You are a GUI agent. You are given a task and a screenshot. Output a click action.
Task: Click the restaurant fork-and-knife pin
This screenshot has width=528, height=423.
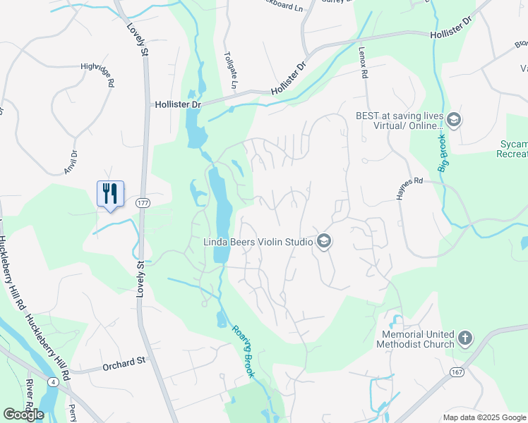click(110, 194)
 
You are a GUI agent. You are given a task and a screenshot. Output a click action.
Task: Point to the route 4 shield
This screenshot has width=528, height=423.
click(54, 382)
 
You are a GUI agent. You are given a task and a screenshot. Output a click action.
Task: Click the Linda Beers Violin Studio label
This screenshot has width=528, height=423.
click(258, 242)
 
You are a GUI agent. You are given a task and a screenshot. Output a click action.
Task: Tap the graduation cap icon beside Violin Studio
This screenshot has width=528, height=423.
click(324, 242)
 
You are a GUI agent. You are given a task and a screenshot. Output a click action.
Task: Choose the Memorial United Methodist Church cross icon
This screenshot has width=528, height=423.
click(464, 339)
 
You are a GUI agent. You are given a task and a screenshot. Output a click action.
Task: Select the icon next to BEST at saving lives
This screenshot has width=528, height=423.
click(453, 121)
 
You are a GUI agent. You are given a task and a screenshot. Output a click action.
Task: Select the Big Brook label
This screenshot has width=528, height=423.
click(443, 151)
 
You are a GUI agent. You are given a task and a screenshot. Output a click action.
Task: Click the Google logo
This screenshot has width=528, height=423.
click(23, 415)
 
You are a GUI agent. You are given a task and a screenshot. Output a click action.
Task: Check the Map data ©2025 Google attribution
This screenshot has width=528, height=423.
click(484, 417)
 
